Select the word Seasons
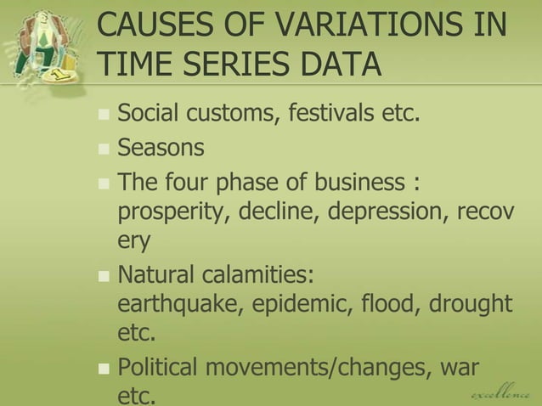point(161,148)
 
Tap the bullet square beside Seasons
point(104,149)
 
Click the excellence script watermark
point(502,393)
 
